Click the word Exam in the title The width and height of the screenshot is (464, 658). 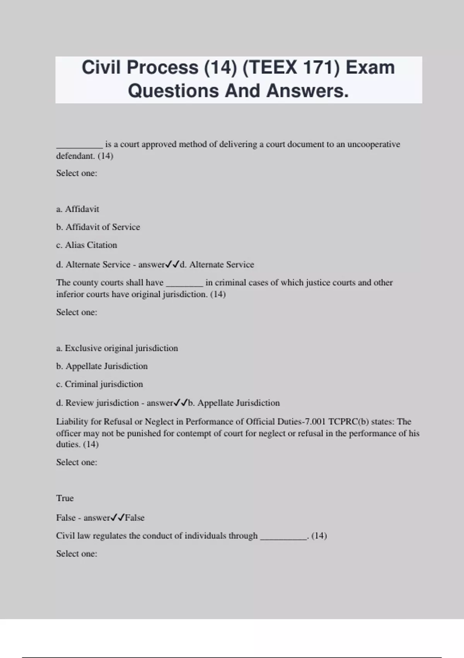(370, 68)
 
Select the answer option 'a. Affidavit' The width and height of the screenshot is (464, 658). (78, 209)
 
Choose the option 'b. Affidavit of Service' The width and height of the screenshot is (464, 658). (98, 227)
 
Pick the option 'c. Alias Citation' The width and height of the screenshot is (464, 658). (87, 245)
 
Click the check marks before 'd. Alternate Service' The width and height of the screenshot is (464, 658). (172, 265)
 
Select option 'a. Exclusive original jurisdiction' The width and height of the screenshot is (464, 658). (117, 348)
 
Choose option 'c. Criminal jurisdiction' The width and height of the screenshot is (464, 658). (99, 384)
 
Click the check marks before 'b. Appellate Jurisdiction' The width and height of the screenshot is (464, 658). (181, 403)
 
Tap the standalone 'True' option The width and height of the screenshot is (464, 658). (65, 498)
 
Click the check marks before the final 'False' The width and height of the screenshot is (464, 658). (118, 517)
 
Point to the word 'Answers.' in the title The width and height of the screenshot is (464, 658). (307, 91)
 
